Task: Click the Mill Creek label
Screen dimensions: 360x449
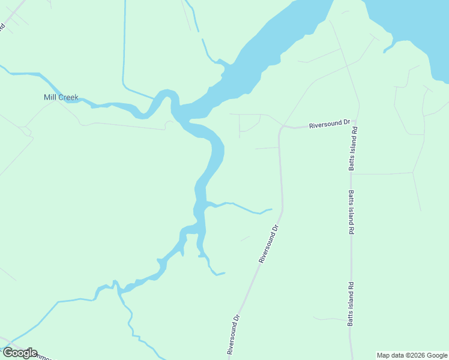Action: click(x=61, y=97)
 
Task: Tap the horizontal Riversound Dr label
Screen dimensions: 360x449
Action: click(x=329, y=124)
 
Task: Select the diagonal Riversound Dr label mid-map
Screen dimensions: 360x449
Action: click(x=269, y=244)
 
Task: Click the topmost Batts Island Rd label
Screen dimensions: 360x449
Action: click(x=354, y=148)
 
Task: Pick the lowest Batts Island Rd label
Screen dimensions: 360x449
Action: click(x=351, y=304)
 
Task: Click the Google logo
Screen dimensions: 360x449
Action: click(x=19, y=353)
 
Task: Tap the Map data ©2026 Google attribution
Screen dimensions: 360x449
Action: click(x=412, y=355)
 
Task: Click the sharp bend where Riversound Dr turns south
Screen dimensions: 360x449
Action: click(x=280, y=128)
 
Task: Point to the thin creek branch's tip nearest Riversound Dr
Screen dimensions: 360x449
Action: click(x=271, y=209)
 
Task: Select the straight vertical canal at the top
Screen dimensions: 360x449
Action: click(x=124, y=42)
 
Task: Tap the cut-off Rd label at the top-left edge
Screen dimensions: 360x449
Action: click(x=2, y=27)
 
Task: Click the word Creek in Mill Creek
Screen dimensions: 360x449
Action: click(x=68, y=97)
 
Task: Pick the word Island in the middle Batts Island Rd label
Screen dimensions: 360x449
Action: click(x=351, y=213)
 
